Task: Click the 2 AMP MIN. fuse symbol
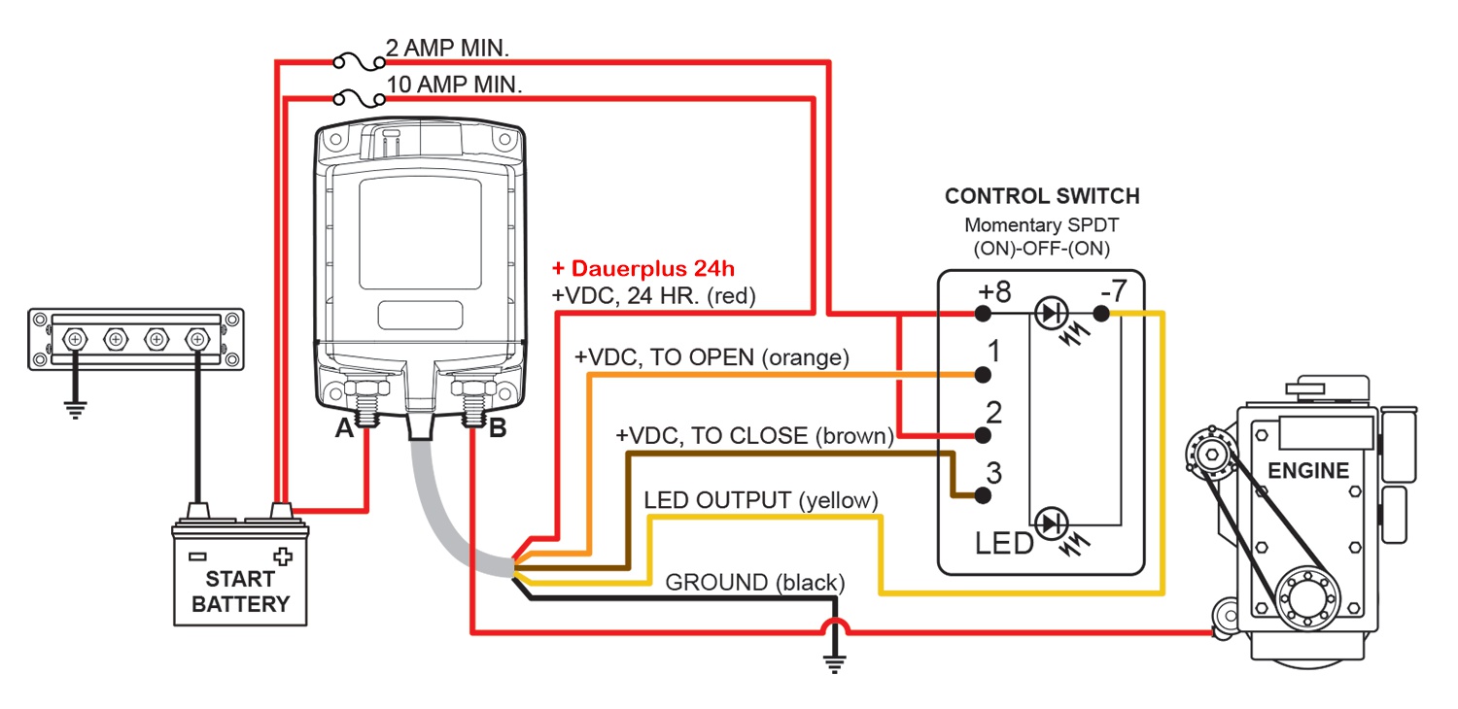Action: (356, 62)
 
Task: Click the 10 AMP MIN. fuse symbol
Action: (356, 97)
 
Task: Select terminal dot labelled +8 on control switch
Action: (983, 314)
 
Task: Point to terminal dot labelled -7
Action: (1100, 314)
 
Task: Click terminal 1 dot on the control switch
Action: (983, 374)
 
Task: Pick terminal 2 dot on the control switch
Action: (983, 434)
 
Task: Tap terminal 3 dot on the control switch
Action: (983, 494)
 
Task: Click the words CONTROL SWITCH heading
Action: (1042, 196)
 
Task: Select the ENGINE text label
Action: (1308, 472)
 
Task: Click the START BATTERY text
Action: (240, 591)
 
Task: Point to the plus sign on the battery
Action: (283, 557)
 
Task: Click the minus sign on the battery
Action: (197, 557)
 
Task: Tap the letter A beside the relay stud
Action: (343, 428)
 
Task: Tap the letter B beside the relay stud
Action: (497, 428)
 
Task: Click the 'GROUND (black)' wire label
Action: (754, 583)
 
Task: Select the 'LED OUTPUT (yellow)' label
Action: (761, 500)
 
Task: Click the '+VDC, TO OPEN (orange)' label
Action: (712, 357)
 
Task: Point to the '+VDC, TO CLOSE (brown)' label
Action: (754, 436)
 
